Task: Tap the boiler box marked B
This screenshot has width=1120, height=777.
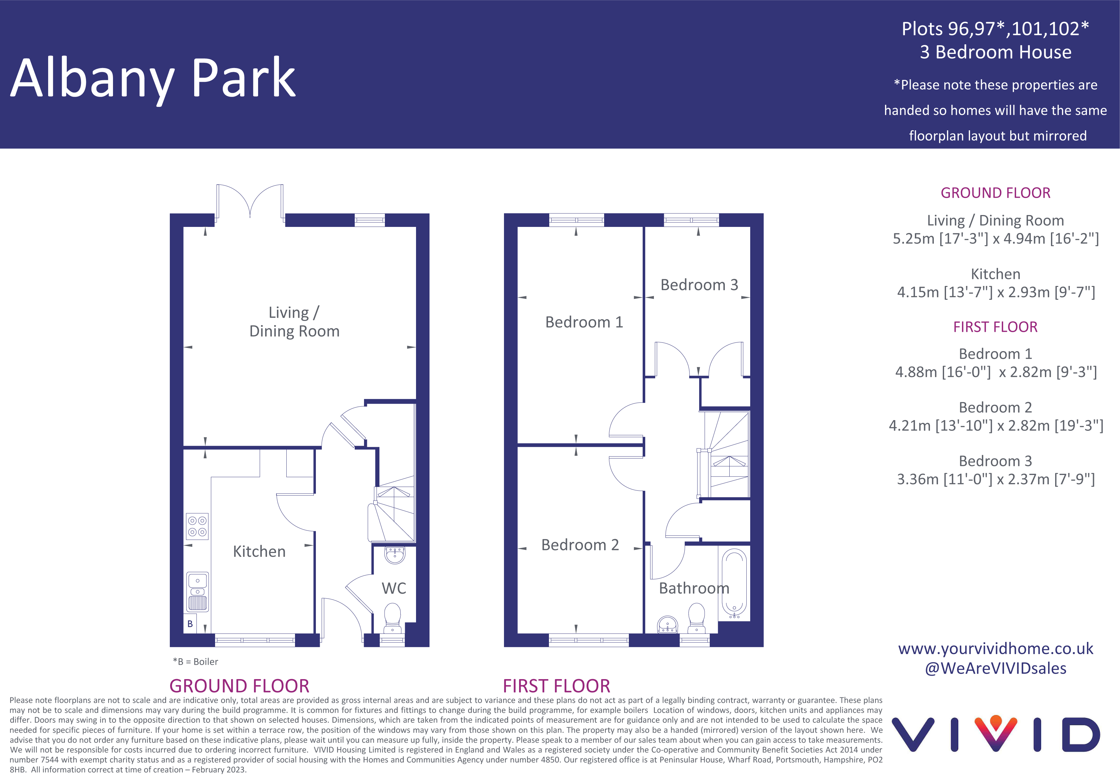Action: tap(190, 624)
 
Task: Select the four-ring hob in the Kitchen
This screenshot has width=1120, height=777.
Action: tap(197, 526)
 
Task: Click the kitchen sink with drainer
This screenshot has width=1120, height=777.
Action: tap(197, 591)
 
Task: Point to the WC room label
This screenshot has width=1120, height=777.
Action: tap(394, 588)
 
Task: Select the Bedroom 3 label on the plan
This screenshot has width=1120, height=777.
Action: tap(699, 285)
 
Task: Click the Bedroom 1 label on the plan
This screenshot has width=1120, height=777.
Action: tap(584, 322)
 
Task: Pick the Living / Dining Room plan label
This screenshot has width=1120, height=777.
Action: tap(294, 322)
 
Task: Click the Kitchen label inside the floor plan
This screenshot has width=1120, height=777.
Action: tap(259, 552)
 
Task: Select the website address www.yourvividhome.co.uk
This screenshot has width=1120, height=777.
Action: tap(995, 649)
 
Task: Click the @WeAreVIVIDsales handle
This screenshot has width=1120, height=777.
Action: tap(995, 669)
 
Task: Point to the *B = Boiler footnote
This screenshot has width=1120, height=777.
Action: tap(195, 661)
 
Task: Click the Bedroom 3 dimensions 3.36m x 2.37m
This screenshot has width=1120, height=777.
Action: tap(995, 479)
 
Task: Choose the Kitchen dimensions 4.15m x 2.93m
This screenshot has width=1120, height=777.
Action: tap(995, 292)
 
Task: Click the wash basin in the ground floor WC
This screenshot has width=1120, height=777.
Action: tap(395, 555)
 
